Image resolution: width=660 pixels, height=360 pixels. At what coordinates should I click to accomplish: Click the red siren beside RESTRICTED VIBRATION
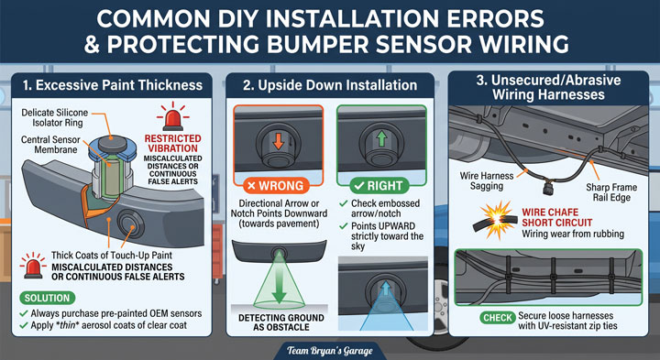[x=172, y=117]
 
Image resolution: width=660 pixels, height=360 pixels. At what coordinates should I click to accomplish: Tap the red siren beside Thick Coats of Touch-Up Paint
[x=33, y=266]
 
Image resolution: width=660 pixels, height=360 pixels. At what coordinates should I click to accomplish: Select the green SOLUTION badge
[x=47, y=298]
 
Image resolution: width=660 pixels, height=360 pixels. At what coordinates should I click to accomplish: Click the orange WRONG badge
[x=276, y=185]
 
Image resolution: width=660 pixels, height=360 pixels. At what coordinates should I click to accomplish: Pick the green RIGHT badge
[x=379, y=185]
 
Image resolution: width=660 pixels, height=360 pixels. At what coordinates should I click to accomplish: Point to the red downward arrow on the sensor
[x=279, y=142]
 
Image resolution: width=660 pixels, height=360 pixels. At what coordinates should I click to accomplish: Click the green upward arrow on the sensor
[x=381, y=138]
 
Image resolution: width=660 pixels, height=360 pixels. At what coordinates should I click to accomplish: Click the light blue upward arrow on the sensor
[x=386, y=289]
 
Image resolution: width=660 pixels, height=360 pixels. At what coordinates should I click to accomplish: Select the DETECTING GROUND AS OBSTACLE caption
[x=281, y=322]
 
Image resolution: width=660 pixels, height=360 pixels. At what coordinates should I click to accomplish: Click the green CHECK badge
[x=498, y=318]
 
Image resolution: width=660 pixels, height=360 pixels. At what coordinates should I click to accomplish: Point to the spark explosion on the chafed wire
[x=498, y=219]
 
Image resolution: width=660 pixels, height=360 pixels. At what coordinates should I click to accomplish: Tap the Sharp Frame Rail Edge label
[x=611, y=192]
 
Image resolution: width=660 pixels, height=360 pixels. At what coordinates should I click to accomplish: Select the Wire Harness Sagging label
[x=487, y=180]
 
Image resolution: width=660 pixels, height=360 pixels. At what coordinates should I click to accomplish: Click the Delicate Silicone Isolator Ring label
[x=55, y=118]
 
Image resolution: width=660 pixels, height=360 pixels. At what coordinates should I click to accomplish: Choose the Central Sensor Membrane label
[x=50, y=144]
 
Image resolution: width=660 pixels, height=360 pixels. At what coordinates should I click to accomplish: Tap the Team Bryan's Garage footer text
[x=330, y=351]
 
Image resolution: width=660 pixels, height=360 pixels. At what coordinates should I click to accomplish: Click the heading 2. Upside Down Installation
[x=330, y=85]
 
